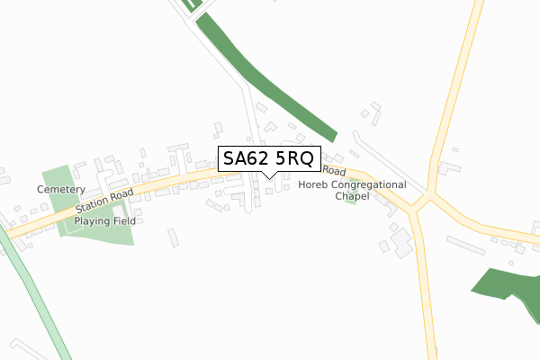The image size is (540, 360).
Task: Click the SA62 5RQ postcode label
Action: point(268,159)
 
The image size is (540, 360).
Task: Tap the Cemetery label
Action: point(60,190)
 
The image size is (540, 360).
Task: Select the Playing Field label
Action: point(103,220)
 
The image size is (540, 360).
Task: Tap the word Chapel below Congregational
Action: point(351,195)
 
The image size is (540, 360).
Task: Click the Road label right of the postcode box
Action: point(334,170)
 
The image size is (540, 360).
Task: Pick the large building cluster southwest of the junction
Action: point(398,239)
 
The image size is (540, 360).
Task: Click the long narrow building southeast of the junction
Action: point(465,245)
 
